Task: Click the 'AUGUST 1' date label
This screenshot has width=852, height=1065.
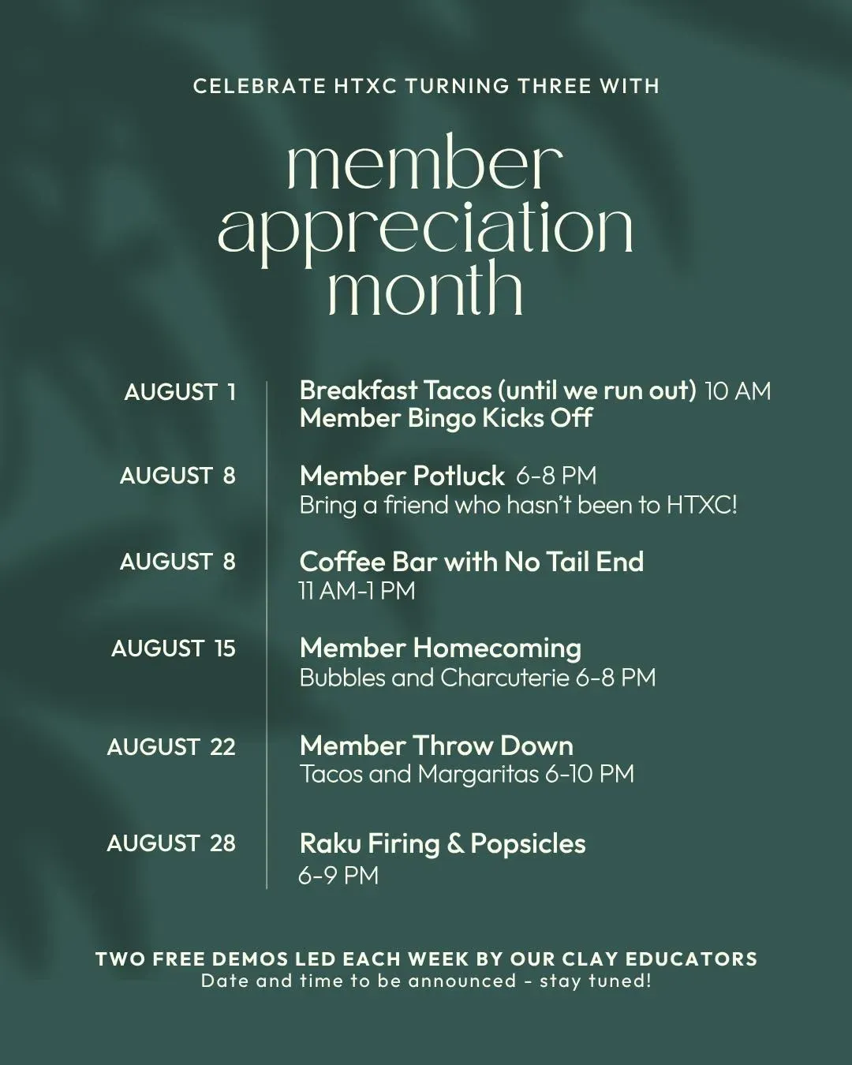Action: click(180, 392)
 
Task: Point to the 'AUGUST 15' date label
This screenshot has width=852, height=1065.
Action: click(174, 648)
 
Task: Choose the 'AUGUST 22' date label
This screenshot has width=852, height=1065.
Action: click(171, 747)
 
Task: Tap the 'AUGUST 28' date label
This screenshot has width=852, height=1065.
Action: click(171, 843)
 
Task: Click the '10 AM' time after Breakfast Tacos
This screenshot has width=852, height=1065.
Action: click(738, 391)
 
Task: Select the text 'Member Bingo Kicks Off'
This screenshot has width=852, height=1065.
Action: click(446, 418)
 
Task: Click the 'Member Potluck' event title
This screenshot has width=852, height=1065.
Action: click(402, 476)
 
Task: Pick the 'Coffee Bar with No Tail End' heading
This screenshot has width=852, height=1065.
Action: click(472, 562)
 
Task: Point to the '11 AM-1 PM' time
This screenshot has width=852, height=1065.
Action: click(357, 591)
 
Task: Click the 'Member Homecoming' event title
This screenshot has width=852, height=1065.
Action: click(441, 648)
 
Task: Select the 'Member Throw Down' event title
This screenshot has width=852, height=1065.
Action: click(436, 745)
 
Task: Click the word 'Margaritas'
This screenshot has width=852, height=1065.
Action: click(478, 775)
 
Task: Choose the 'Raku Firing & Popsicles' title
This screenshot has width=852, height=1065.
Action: click(443, 844)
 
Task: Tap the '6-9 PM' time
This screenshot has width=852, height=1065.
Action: click(338, 876)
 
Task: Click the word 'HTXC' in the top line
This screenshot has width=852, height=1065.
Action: click(365, 86)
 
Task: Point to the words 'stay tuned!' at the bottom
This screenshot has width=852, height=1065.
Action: click(596, 981)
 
